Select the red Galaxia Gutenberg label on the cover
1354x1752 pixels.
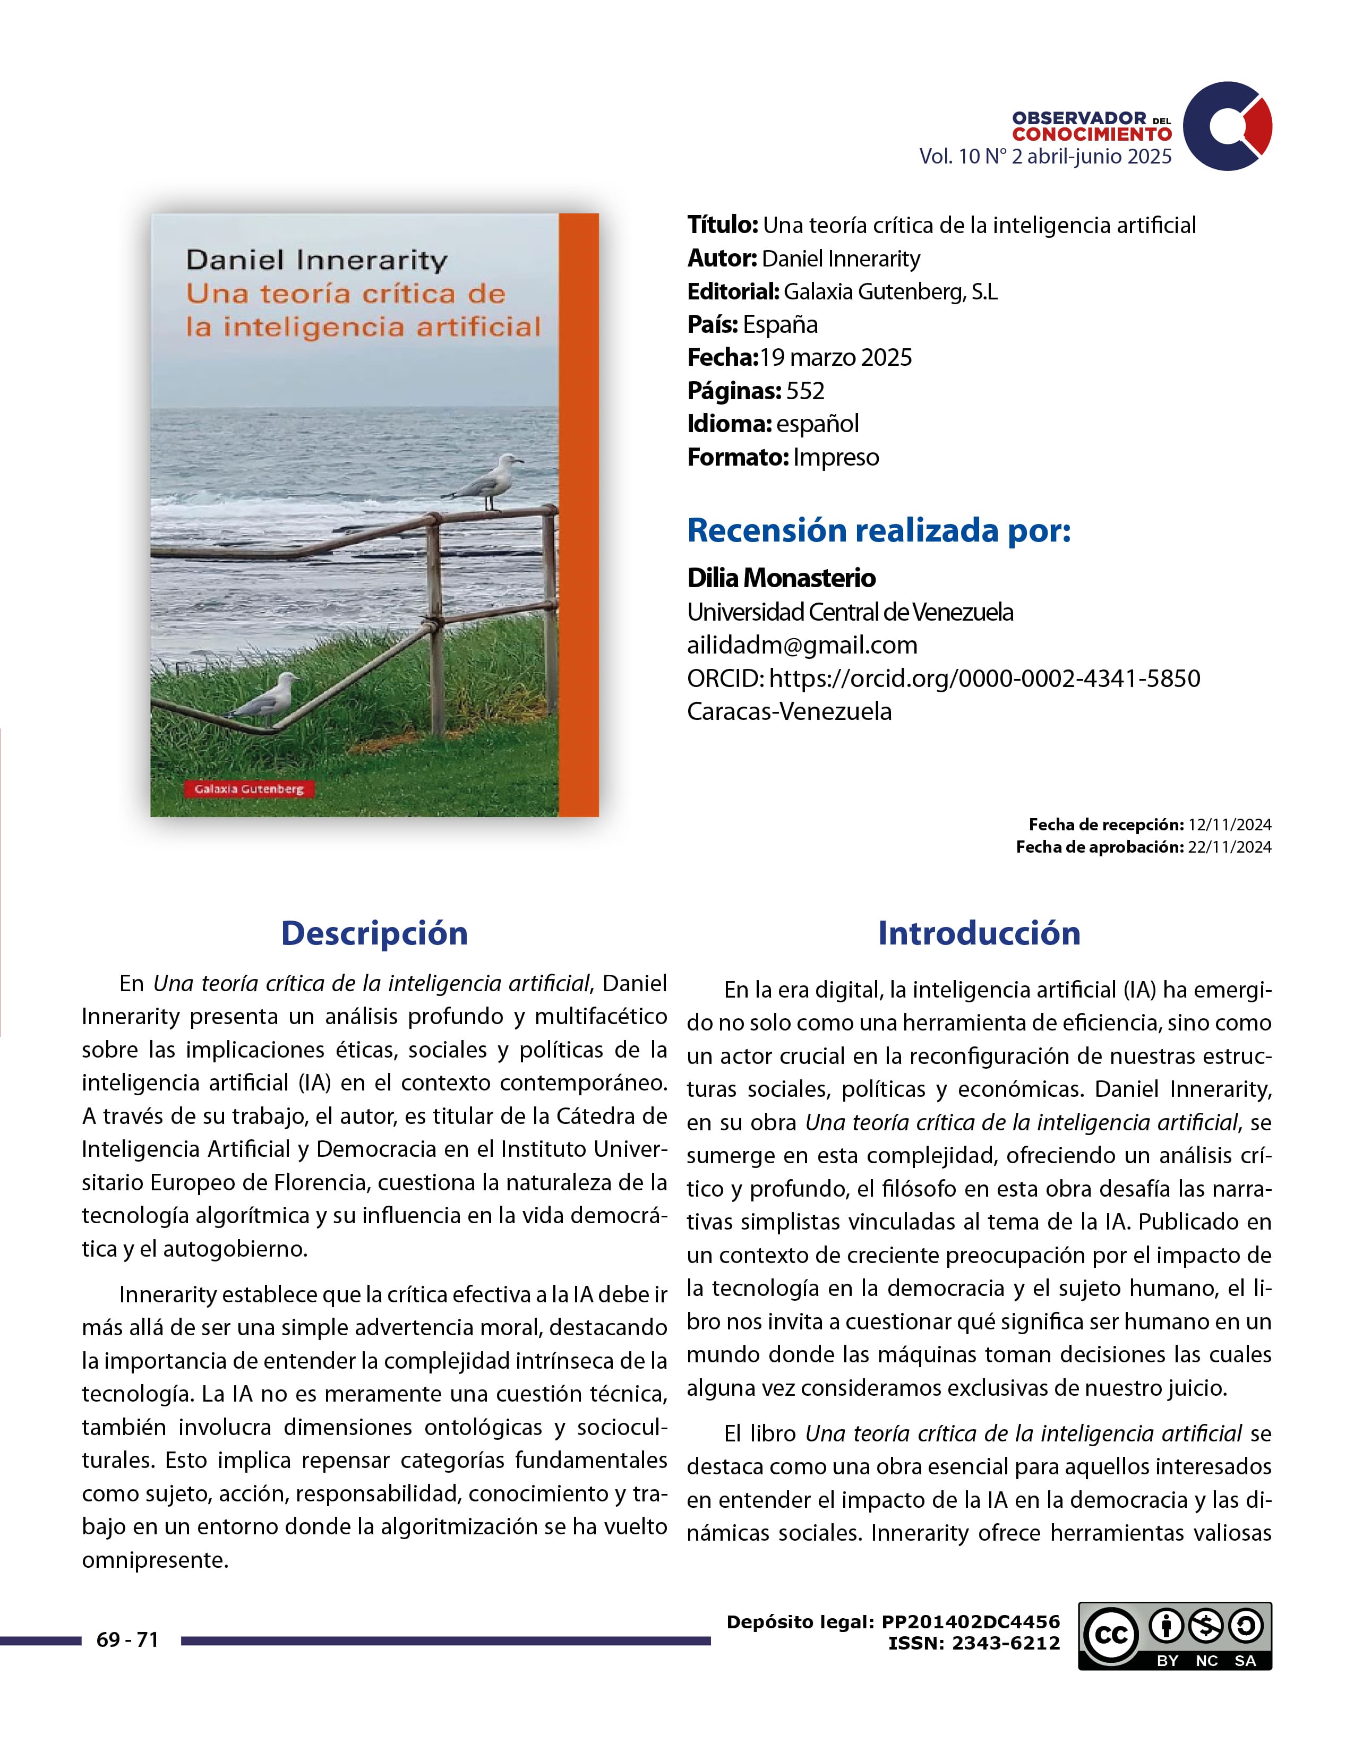pos(248,788)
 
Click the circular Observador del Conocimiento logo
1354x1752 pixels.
pos(1227,125)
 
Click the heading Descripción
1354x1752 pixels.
pos(374,933)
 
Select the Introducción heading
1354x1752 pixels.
pos(979,933)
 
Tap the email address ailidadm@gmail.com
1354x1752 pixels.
pos(802,645)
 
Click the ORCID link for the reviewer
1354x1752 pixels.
pos(984,679)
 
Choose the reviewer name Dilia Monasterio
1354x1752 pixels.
pos(781,578)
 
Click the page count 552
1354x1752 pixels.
pos(805,391)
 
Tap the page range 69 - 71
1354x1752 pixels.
pos(127,1639)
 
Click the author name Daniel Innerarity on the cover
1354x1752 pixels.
pos(317,261)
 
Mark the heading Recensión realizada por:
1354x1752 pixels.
pos(879,530)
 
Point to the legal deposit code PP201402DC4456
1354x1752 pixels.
pos(971,1622)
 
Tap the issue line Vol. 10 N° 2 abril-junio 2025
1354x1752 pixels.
pos(1045,157)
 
